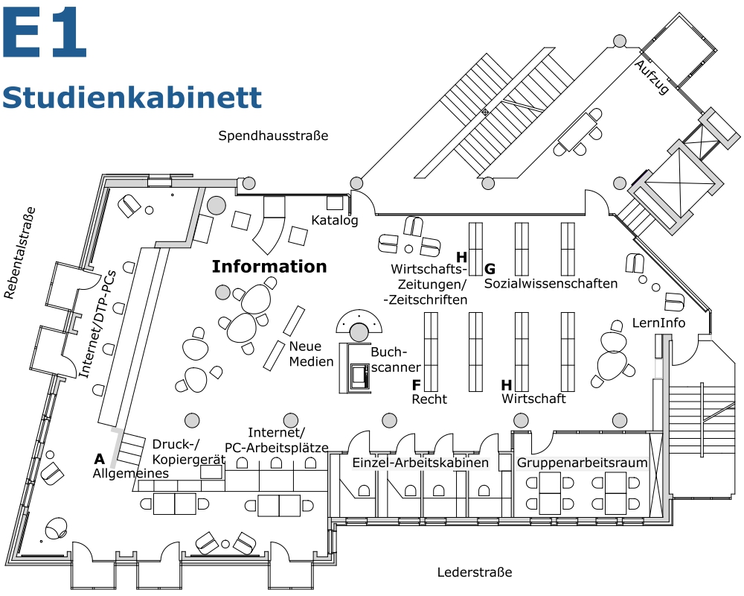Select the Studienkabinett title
click(x=132, y=97)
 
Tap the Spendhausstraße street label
click(x=273, y=136)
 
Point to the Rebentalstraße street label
click(x=20, y=253)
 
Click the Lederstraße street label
click(x=475, y=572)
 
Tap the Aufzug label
click(x=652, y=77)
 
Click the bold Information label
click(x=269, y=267)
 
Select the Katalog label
click(x=335, y=221)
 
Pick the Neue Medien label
click(x=305, y=353)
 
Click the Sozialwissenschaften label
click(x=551, y=284)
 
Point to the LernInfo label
click(x=658, y=323)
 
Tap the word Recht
click(x=429, y=399)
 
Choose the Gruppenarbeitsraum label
click(x=583, y=463)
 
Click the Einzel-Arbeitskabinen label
click(x=420, y=463)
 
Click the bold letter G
click(x=490, y=269)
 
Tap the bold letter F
click(x=417, y=385)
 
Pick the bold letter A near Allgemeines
click(x=99, y=459)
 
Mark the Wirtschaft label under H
click(x=533, y=399)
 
